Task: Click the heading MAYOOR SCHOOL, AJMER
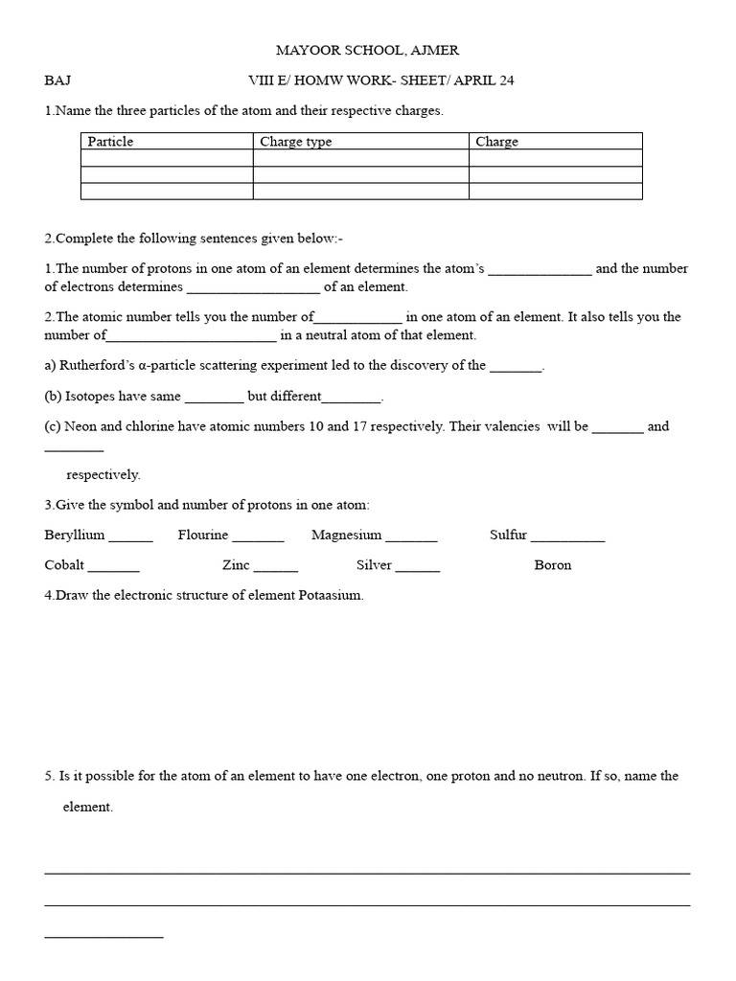pos(368,50)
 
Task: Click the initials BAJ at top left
pos(57,80)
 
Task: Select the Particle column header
pos(110,142)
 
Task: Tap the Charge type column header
pos(296,142)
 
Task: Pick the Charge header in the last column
pos(496,142)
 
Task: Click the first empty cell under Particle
pos(167,158)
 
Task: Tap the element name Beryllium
pos(75,535)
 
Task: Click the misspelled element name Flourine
pos(203,535)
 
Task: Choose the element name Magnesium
pos(346,535)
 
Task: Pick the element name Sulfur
pos(508,535)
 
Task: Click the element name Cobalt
pos(64,565)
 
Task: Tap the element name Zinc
pos(236,565)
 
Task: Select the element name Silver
pos(374,565)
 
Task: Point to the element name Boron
pos(553,565)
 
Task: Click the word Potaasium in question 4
pos(333,596)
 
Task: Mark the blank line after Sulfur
pos(568,538)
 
